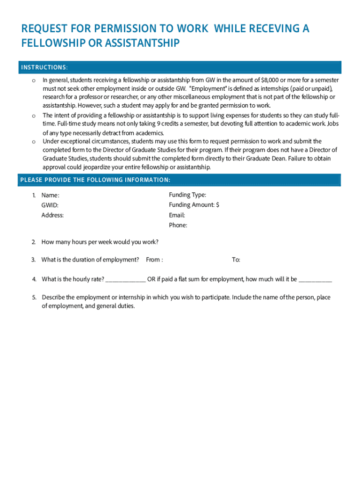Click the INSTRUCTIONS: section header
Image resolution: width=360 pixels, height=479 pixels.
[44, 67]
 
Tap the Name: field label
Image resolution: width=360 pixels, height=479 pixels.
[50, 195]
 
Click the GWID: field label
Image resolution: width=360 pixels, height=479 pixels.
[50, 205]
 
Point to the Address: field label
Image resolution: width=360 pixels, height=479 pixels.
[52, 215]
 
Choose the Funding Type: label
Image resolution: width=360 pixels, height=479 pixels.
[187, 195]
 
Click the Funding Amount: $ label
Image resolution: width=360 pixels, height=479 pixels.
[194, 205]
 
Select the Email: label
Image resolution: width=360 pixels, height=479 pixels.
[177, 215]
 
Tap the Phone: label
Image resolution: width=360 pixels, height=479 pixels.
[178, 225]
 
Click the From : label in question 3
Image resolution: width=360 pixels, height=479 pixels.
[154, 260]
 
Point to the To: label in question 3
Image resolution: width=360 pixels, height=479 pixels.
[236, 260]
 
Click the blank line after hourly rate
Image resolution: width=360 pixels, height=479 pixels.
[126, 280]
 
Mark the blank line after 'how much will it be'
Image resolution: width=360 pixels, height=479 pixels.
[315, 280]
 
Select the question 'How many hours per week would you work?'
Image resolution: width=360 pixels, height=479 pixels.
[100, 242]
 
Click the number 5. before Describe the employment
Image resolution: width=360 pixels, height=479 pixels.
[34, 298]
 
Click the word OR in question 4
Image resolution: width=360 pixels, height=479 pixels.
[151, 279]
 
